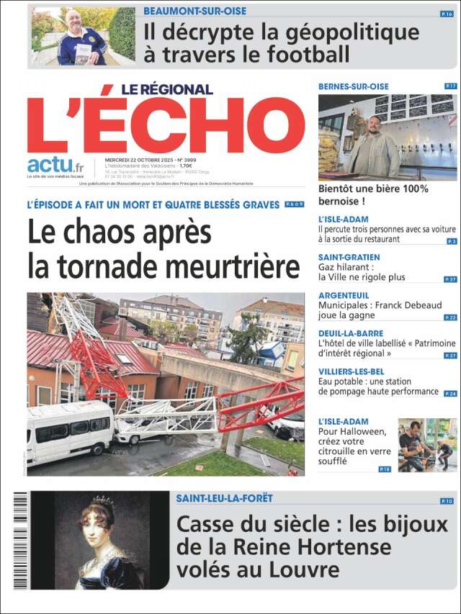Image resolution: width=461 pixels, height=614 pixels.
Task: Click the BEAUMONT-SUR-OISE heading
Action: point(194,12)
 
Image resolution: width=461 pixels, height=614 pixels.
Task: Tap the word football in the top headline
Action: point(297,54)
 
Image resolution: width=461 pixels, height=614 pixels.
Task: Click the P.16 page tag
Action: point(447,14)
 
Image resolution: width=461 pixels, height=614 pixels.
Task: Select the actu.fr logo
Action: point(55,166)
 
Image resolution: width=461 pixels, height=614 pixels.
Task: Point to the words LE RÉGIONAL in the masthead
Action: point(166,89)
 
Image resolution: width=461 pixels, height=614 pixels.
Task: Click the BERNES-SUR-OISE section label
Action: point(353,86)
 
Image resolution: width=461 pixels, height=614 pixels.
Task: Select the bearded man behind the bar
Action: point(374,148)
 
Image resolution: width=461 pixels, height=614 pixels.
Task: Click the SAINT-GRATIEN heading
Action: point(349,257)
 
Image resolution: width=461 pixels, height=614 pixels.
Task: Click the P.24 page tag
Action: point(450,394)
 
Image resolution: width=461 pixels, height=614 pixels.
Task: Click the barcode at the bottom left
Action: point(19,540)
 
